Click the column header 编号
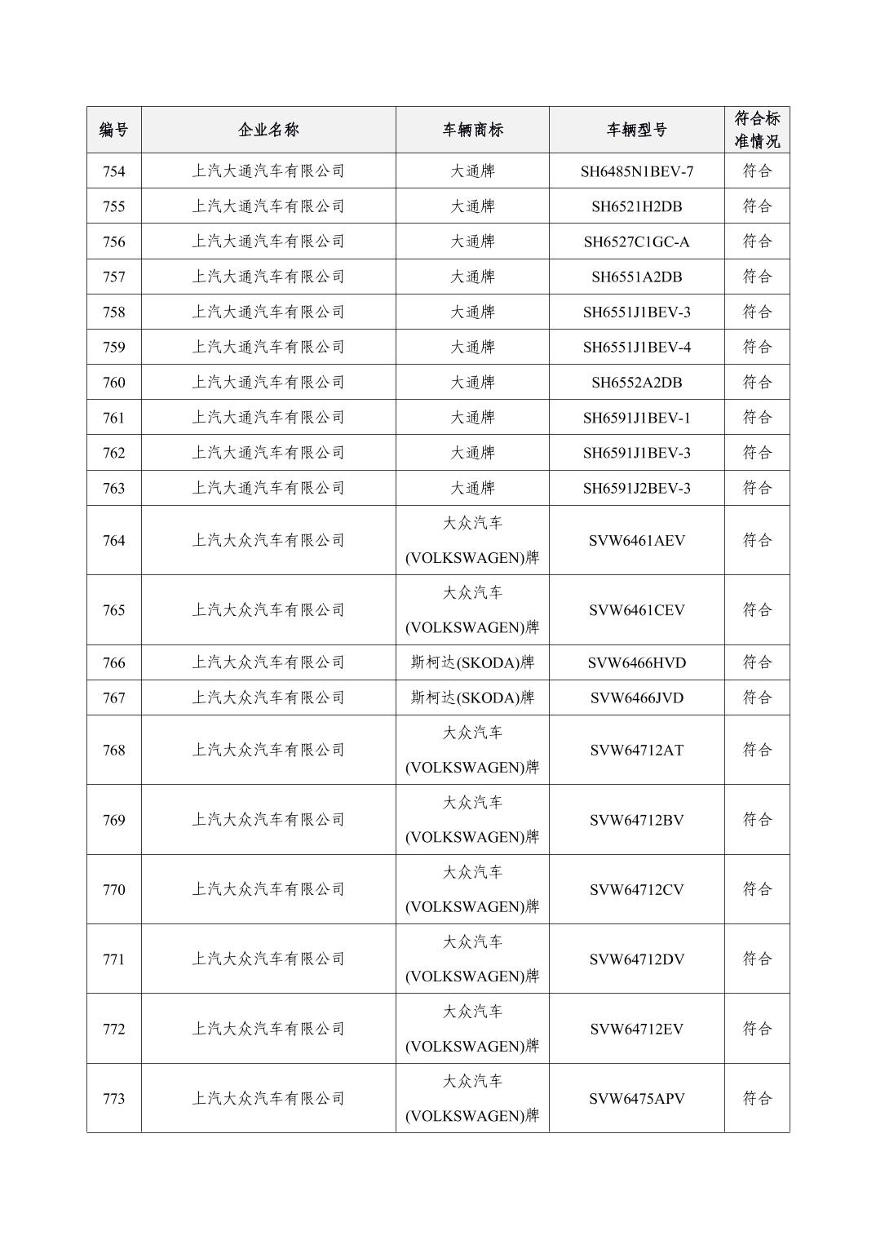point(113,130)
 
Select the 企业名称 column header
point(268,130)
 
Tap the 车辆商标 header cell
point(472,130)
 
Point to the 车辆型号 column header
point(636,130)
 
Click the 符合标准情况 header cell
point(757,130)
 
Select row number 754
point(113,171)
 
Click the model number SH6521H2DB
point(636,206)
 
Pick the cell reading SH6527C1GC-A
point(636,241)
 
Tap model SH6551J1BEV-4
point(636,347)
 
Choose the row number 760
point(113,382)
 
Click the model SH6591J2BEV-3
point(636,488)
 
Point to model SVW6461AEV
point(636,540)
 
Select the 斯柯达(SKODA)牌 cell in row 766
point(472,662)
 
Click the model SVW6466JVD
point(636,697)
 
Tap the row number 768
point(113,750)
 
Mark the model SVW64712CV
point(636,889)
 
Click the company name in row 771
point(268,959)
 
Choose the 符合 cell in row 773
point(757,1098)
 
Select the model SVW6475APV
point(636,1098)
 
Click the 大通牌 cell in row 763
point(472,488)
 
